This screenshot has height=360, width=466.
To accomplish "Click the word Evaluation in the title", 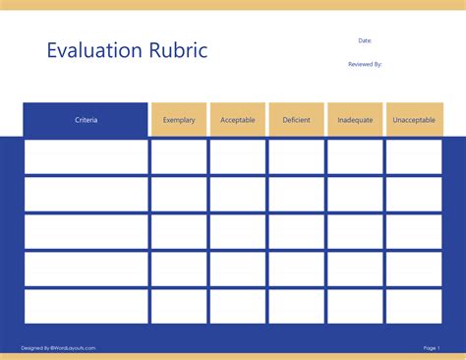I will point(91,50).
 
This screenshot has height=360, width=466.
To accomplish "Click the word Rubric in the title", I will point(174,50).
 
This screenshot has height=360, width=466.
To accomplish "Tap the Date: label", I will point(365,40).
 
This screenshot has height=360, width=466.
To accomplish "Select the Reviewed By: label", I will point(365,64).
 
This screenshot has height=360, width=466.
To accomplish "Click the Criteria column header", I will point(86,120).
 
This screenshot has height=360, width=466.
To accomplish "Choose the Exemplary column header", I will point(179,120).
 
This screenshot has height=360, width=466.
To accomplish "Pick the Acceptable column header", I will point(238,120).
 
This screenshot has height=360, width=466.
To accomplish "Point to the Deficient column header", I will point(296,120).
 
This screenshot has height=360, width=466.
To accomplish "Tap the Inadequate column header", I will point(355,120).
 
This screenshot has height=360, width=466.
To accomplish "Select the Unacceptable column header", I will point(414,120).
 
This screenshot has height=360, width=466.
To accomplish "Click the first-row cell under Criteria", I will point(86,156).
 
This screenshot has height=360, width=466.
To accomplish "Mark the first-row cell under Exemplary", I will point(179,156).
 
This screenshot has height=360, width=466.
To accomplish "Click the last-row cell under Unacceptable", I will point(414,306).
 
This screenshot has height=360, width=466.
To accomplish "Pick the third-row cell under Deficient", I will point(296,231).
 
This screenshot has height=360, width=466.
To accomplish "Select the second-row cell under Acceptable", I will point(238,194).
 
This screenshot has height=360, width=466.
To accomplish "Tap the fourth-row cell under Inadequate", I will point(355,269).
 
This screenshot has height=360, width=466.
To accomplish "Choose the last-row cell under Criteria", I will point(86,306).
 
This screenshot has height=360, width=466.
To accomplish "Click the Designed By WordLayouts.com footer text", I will point(58,347).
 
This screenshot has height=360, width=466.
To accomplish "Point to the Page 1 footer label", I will point(431,347).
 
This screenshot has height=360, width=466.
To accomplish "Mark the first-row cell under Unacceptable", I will point(414,156).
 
